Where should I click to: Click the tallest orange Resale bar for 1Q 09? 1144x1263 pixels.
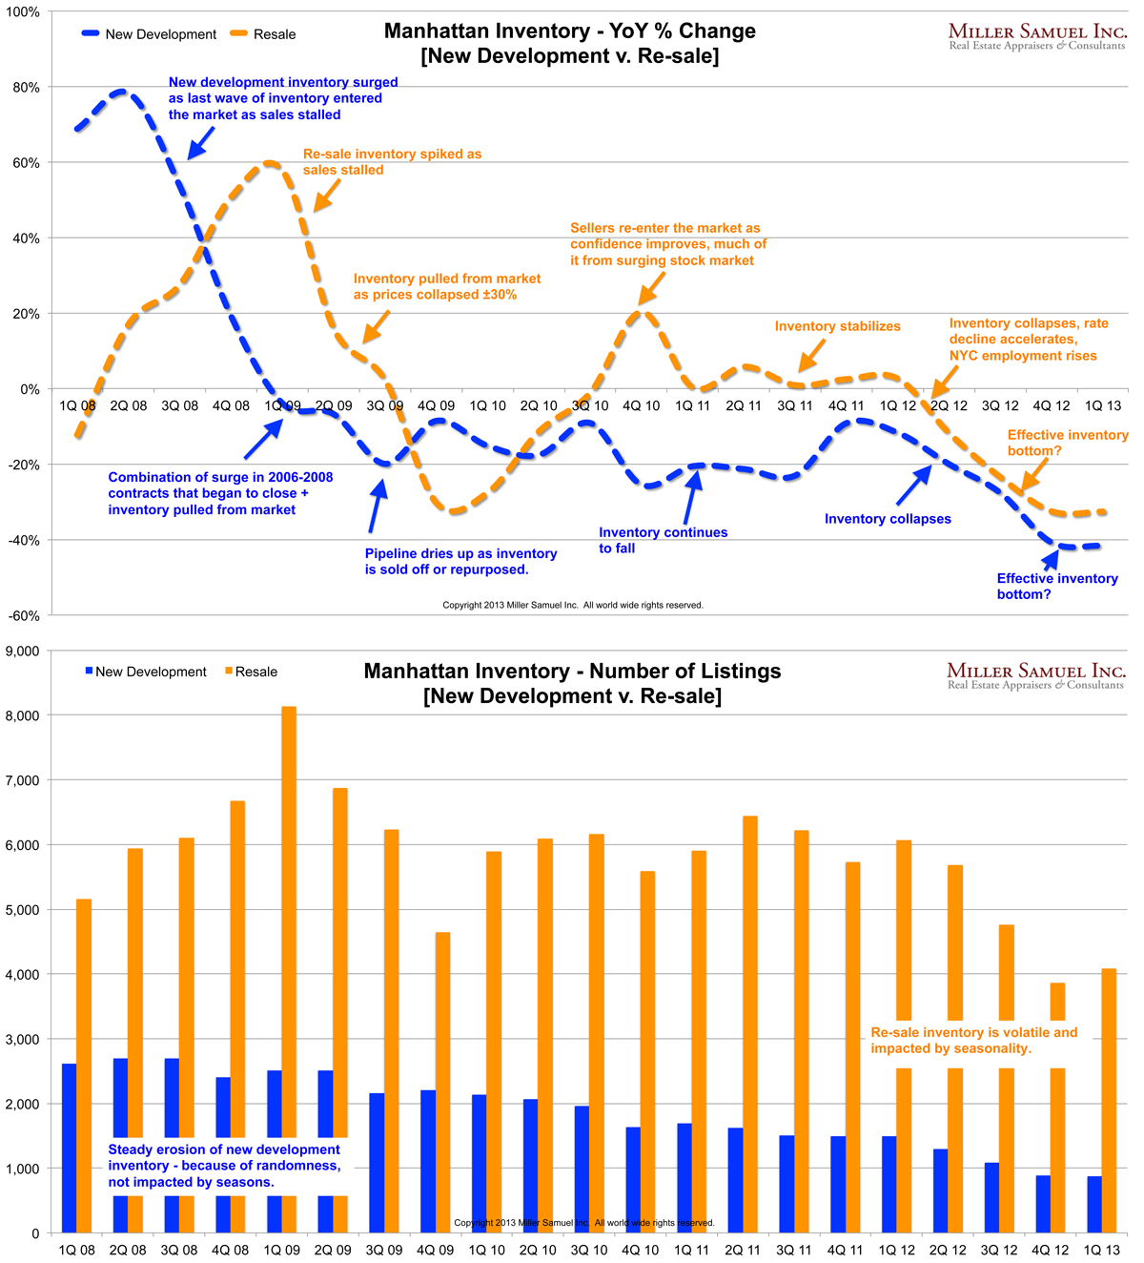[x=289, y=954]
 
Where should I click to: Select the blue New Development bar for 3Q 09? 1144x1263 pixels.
[x=377, y=1163]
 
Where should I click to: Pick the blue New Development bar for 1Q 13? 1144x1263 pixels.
[x=1093, y=1204]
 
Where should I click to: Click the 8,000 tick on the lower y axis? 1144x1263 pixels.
[x=23, y=715]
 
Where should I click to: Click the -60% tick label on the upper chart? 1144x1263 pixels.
[x=23, y=616]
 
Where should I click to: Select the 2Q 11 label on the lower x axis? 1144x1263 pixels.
[x=743, y=1250]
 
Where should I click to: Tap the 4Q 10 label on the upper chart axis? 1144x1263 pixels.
[x=641, y=405]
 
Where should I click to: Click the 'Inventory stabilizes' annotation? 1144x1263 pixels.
[x=837, y=326]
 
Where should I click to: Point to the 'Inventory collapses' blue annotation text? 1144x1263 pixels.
[x=888, y=519]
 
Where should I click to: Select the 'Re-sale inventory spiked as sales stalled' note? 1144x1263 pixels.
[x=392, y=161]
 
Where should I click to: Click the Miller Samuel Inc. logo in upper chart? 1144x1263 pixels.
[x=1037, y=36]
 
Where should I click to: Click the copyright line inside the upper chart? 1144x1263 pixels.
[x=572, y=605]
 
